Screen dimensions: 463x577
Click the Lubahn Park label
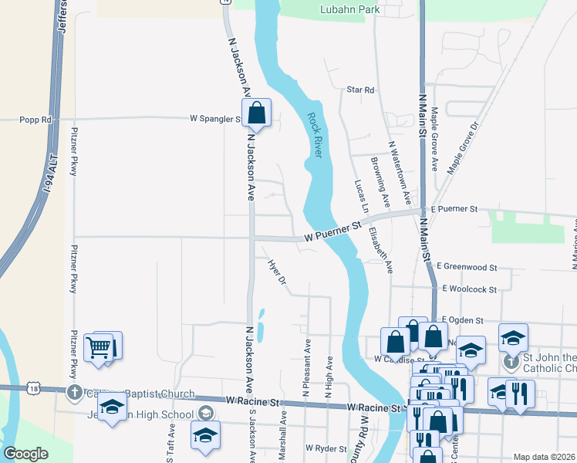pos(349,10)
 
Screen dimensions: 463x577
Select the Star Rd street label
pos(360,90)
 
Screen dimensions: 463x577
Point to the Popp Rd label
pos(35,120)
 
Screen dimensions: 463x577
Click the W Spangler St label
pos(216,119)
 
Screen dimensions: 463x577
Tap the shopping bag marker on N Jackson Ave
pos(257,113)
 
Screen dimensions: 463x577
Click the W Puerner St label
pos(332,229)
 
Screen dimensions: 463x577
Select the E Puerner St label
pos(456,209)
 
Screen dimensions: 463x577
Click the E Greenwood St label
pos(466,267)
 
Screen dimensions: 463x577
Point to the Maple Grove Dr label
pos(464,146)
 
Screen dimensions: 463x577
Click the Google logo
pos(25,454)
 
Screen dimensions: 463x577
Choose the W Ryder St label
pos(328,448)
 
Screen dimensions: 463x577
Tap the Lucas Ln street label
pos(359,196)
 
